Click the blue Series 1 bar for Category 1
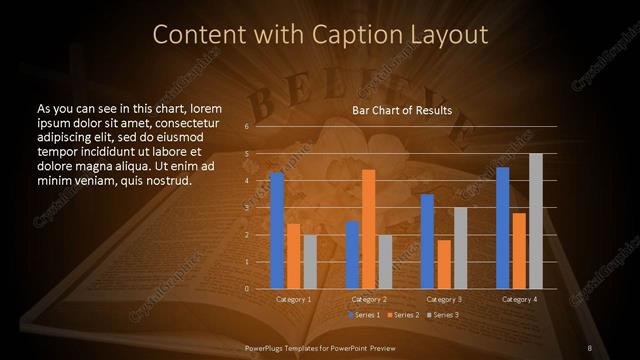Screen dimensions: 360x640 [277, 230]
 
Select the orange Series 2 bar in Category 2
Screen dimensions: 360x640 [368, 229]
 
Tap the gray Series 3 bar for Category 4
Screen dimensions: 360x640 [535, 221]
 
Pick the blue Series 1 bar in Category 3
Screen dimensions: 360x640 [427, 241]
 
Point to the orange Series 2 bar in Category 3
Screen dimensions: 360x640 [443, 264]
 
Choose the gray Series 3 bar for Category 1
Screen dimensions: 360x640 [309, 261]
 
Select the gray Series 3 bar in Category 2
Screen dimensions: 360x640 [385, 261]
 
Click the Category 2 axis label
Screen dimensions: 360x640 [368, 299]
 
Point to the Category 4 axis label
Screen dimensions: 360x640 [519, 299]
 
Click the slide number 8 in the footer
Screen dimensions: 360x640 [590, 347]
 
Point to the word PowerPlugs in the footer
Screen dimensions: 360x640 [268, 347]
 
